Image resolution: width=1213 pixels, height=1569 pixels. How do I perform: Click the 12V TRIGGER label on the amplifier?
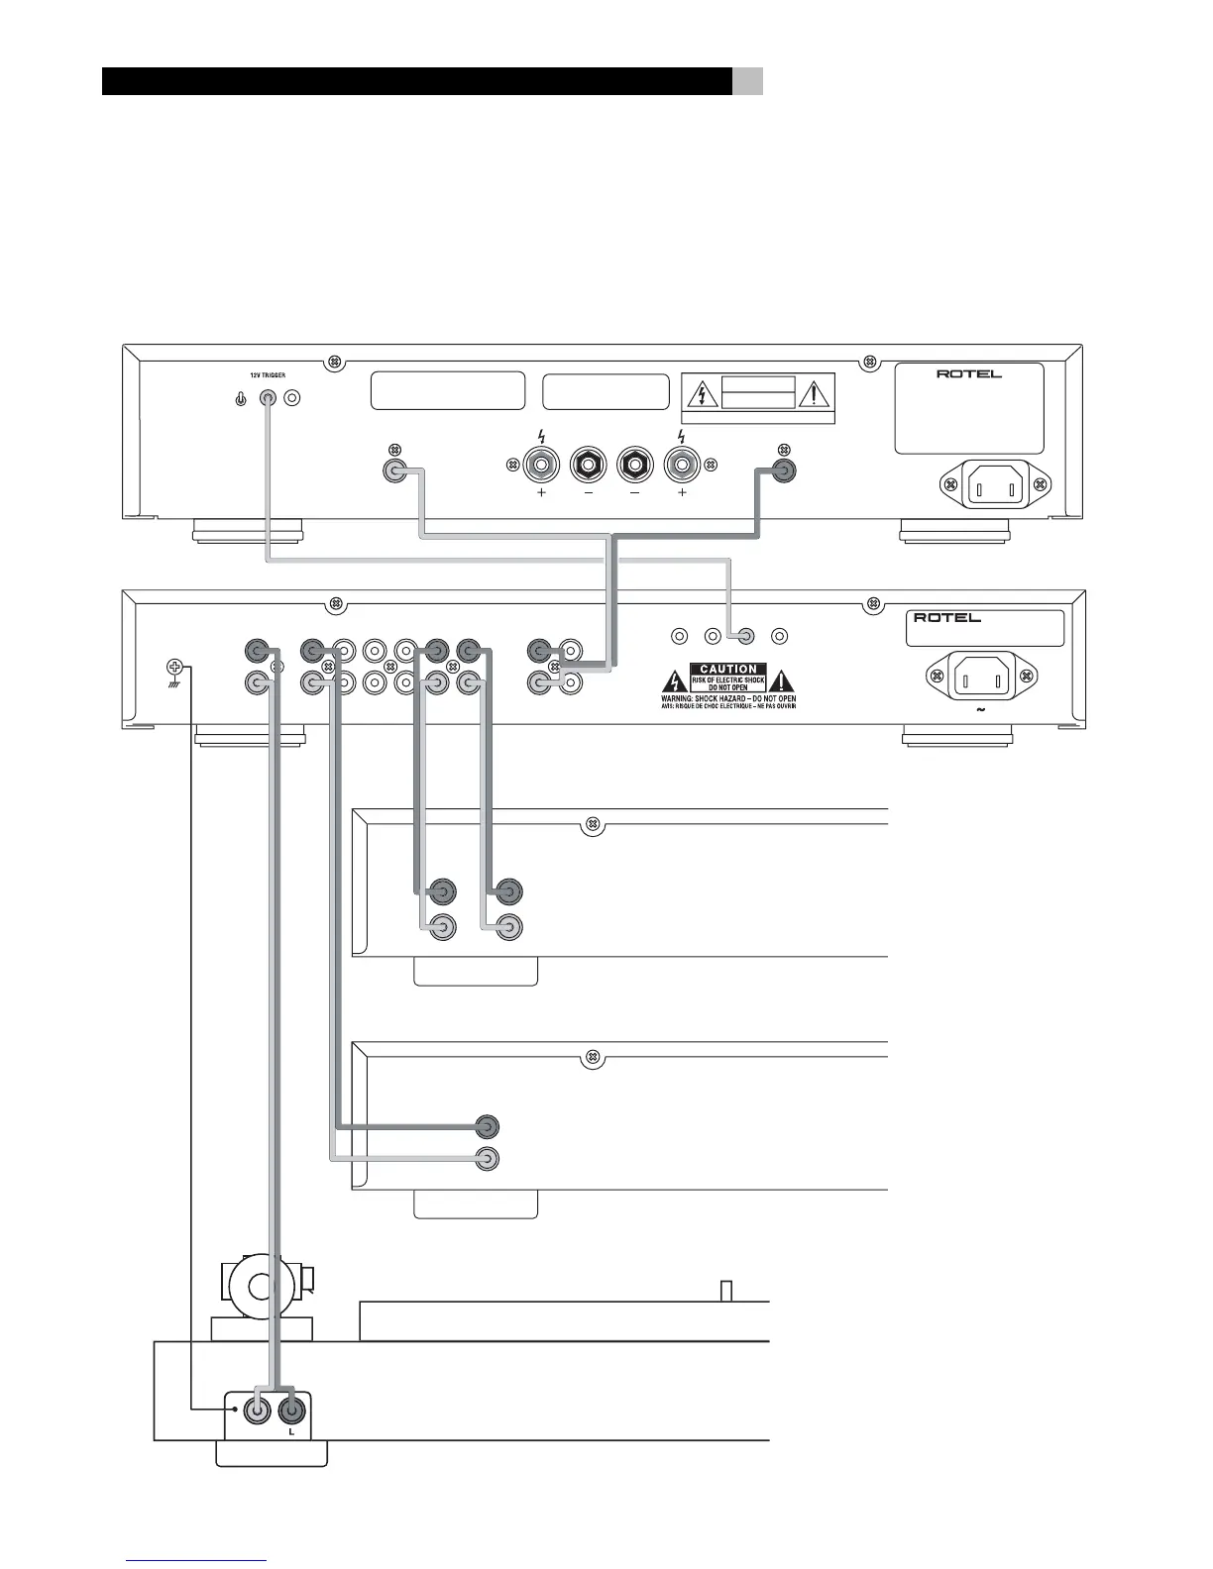[x=267, y=375]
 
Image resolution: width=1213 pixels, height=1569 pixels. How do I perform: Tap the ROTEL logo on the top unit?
[x=968, y=374]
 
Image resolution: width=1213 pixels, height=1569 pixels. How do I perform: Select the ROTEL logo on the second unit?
[x=947, y=617]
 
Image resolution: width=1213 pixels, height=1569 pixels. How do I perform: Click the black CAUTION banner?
[x=728, y=670]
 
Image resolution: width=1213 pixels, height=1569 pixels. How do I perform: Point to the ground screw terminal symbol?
[x=173, y=667]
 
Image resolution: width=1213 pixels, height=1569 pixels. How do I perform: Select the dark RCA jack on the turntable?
[x=291, y=1409]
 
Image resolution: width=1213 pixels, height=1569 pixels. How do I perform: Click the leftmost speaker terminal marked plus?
[x=542, y=464]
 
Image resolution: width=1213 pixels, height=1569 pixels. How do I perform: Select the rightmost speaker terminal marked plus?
[x=681, y=464]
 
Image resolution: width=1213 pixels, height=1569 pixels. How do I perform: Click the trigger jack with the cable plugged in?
[x=268, y=398]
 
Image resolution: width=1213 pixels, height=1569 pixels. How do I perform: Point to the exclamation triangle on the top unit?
[x=815, y=394]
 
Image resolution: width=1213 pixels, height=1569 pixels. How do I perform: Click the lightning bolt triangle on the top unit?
[x=702, y=394]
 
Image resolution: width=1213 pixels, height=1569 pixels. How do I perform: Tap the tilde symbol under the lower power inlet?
[x=980, y=710]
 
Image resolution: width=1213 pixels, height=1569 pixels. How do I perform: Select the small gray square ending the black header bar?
[x=748, y=81]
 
